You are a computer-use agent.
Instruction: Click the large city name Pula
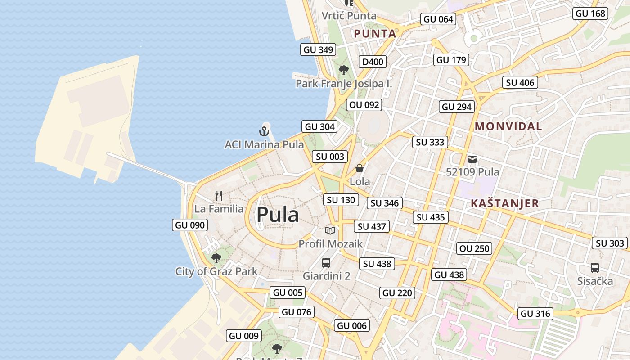pos(277,215)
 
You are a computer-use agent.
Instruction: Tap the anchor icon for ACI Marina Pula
pos(264,131)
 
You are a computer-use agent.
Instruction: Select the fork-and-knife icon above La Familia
pos(219,196)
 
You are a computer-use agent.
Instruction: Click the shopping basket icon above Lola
pos(360,169)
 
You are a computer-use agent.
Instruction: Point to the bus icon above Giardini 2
pos(326,263)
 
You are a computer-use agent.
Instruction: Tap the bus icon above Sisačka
pos(595,268)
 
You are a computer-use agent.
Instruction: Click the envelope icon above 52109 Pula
pos(472,159)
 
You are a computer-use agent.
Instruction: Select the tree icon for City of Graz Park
pos(216,258)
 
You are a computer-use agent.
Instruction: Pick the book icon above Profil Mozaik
pos(330,230)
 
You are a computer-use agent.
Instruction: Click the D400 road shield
pos(373,62)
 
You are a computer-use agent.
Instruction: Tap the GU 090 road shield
pos(190,225)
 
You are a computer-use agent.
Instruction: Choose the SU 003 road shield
pos(330,157)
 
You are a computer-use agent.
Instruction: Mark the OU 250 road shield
pos(474,248)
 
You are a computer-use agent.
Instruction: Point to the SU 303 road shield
pos(610,243)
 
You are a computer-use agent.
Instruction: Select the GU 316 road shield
pos(535,314)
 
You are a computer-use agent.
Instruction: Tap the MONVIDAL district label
pos(508,126)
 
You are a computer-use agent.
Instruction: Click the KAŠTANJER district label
pos(504,203)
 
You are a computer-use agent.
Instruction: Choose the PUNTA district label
pos(375,34)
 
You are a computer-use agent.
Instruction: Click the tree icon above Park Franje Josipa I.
pos(344,70)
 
